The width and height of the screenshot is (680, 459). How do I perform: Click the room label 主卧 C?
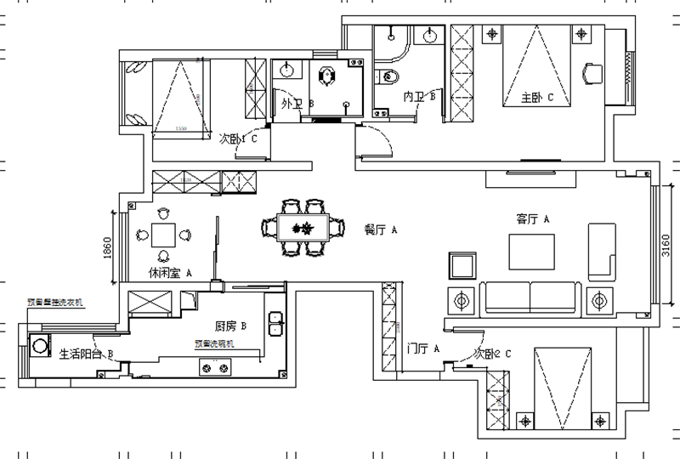tap(537, 99)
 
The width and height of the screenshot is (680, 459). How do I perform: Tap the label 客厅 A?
tap(534, 219)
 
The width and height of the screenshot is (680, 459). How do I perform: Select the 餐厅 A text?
tap(382, 229)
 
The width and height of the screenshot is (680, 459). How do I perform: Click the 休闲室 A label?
tap(170, 274)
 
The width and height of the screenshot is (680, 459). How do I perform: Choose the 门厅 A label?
tap(422, 348)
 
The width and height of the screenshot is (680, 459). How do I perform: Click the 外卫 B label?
tap(297, 104)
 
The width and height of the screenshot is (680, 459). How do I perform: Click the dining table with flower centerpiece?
tap(302, 228)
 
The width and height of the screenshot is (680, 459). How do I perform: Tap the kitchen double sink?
tap(275, 326)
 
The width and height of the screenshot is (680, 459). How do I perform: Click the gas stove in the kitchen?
tap(215, 367)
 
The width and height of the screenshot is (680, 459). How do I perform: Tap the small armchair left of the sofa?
tap(462, 266)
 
